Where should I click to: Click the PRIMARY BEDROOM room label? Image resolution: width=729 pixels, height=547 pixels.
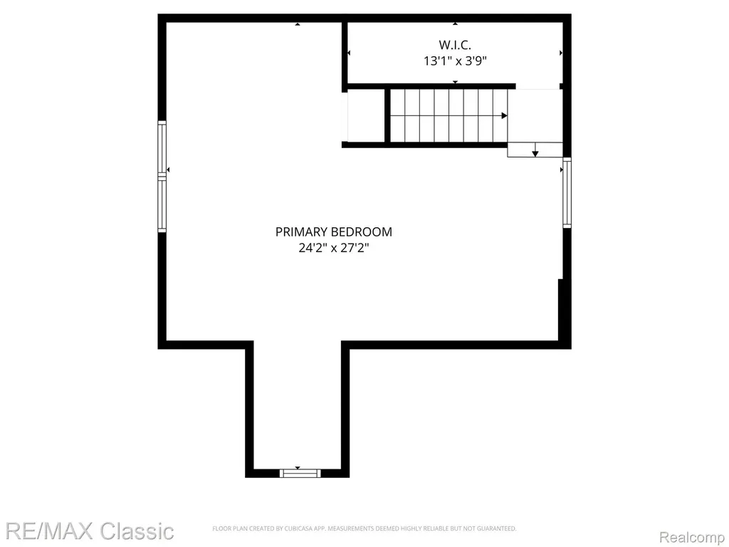pyautogui.click(x=333, y=231)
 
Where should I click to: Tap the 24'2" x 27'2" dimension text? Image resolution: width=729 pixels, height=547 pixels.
pyautogui.click(x=333, y=248)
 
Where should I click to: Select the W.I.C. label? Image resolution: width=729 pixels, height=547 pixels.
pyautogui.click(x=455, y=45)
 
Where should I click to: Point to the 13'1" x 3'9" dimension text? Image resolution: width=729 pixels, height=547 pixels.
pyautogui.click(x=455, y=61)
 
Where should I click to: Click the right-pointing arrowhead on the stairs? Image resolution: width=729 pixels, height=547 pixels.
pyautogui.click(x=505, y=116)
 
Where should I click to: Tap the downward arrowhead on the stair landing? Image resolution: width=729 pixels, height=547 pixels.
pyautogui.click(x=535, y=152)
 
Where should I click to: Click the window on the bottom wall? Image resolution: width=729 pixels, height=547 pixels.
pyautogui.click(x=300, y=473)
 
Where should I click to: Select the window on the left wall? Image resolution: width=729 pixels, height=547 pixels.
pyautogui.click(x=162, y=177)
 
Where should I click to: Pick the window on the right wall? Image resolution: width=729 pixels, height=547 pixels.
pyautogui.click(x=567, y=192)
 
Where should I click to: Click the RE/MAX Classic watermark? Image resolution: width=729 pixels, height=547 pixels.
pyautogui.click(x=89, y=531)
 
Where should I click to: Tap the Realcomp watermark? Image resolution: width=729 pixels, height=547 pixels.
pyautogui.click(x=692, y=537)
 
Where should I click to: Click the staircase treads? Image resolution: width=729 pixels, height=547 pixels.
pyautogui.click(x=449, y=116)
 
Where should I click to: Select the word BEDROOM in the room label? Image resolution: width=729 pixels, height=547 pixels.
pyautogui.click(x=364, y=231)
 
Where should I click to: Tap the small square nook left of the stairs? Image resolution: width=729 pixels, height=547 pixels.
pyautogui.click(x=366, y=116)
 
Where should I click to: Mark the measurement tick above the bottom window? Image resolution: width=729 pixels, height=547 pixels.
pyautogui.click(x=298, y=468)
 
